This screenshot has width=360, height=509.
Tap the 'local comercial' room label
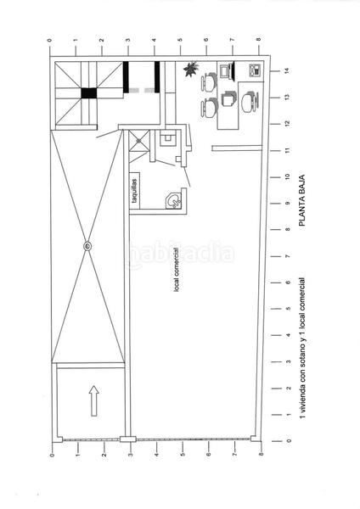pyautogui.click(x=177, y=271)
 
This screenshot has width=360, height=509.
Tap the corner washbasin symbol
pyautogui.click(x=172, y=200)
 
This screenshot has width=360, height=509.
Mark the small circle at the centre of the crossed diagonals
pyautogui.click(x=87, y=246)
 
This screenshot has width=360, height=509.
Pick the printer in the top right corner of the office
pyautogui.click(x=252, y=70)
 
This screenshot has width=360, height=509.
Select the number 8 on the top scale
pyautogui.click(x=259, y=38)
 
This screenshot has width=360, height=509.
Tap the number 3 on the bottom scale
pyautogui.click(x=129, y=456)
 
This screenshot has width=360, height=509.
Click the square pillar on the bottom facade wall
pyautogui.click(x=127, y=439)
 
